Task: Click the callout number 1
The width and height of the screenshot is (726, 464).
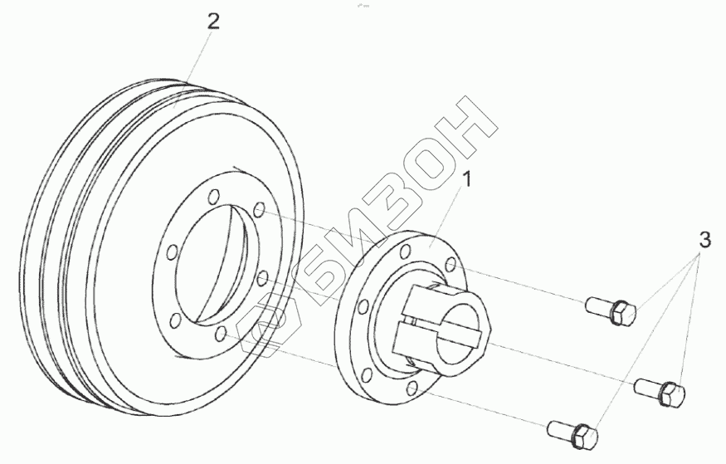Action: (467, 179)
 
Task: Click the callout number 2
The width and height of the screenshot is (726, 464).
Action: (213, 22)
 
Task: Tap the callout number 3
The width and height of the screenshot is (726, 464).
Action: (704, 240)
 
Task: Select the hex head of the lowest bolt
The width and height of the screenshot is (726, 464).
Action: (585, 437)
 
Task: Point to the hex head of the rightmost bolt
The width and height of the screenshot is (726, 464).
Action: (672, 394)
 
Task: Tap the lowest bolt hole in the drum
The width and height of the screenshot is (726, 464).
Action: (222, 334)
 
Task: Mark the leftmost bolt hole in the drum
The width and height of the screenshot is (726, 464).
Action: (171, 252)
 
